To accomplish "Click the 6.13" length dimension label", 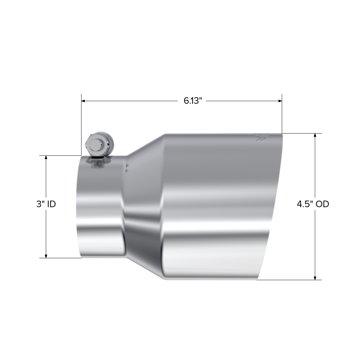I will coord(193,101).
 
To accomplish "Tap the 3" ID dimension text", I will coord(46,204).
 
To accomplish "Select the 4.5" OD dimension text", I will coord(313,204).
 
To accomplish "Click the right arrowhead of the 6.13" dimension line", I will coord(280,101).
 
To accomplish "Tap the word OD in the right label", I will coord(322,204).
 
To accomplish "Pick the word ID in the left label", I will coord(51,204).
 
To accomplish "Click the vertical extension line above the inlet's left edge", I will coord(81,124).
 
